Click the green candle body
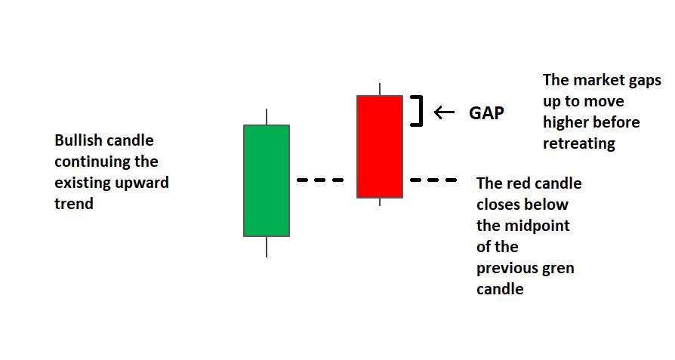(267, 180)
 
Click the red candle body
(380, 146)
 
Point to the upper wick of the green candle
(267, 117)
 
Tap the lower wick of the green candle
(267, 247)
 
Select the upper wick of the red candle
(380, 90)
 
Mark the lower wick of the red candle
(380, 202)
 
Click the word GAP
(486, 113)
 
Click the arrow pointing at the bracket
(444, 112)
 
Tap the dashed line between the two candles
(320, 180)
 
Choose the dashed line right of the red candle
(433, 180)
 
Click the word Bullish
(78, 140)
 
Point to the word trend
(74, 204)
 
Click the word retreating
(579, 143)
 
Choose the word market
(596, 80)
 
